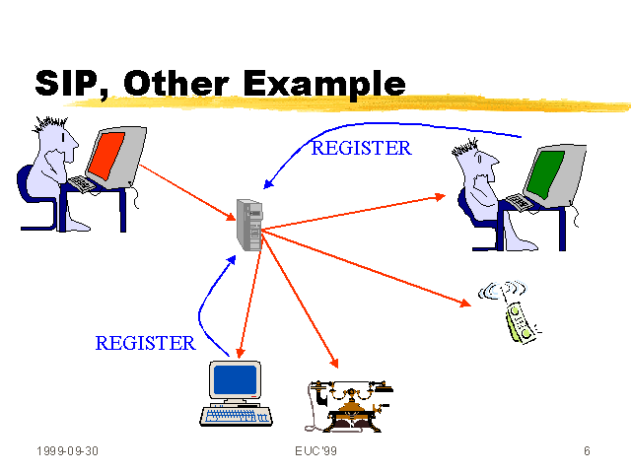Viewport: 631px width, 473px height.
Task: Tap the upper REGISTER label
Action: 361,149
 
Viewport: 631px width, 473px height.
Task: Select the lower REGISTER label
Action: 145,343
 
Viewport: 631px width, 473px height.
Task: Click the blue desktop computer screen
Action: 234,380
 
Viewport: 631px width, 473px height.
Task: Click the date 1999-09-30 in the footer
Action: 68,451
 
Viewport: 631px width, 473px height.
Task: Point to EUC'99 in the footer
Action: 315,451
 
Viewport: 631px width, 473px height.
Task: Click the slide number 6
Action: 587,451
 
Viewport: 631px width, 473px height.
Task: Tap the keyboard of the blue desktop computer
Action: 236,415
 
